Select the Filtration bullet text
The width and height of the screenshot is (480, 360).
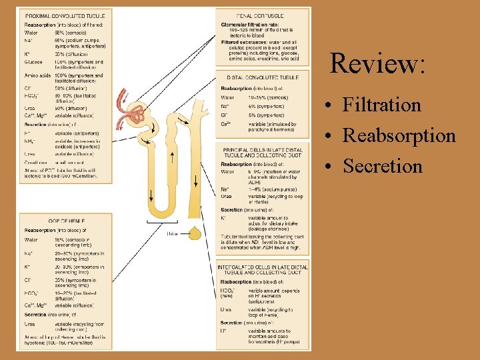tap(381, 105)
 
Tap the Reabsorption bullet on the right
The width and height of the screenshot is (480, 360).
tap(399, 135)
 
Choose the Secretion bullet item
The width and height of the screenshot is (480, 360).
tap(383, 165)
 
